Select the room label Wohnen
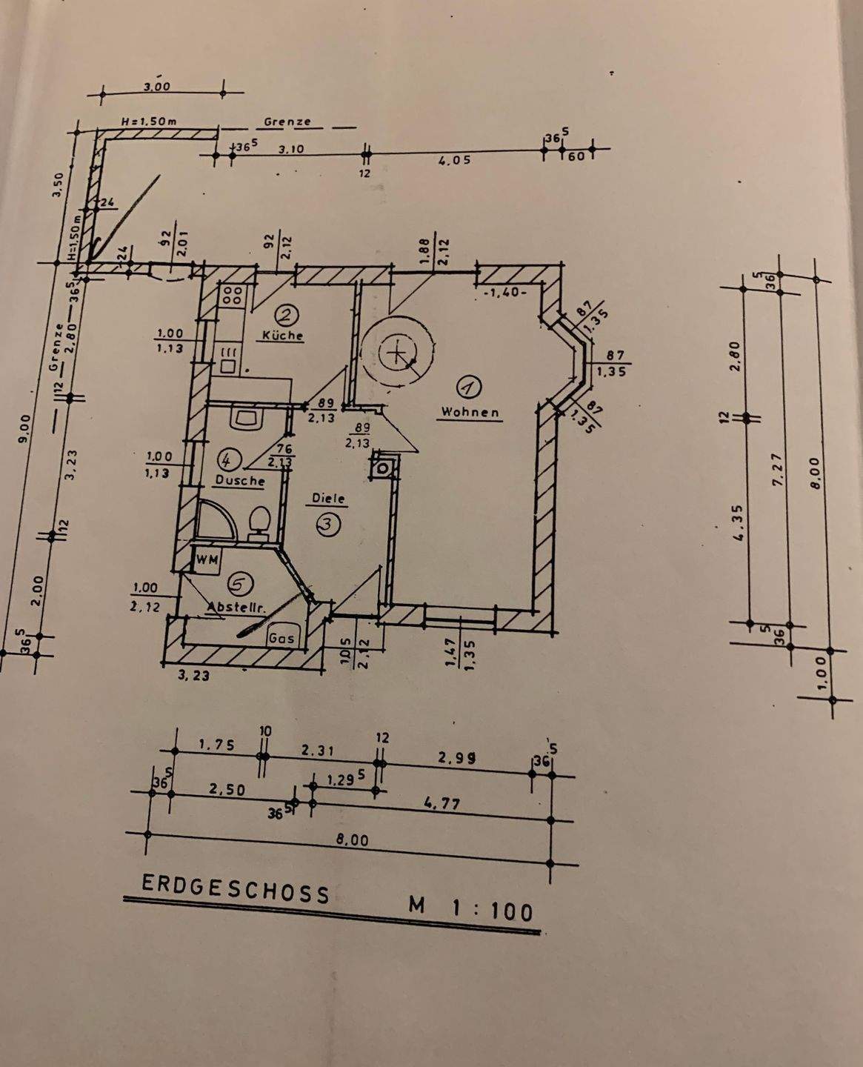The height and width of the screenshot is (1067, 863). pyautogui.click(x=470, y=411)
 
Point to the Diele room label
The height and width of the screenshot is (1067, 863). pyautogui.click(x=328, y=499)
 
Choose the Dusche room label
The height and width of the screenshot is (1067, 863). pyautogui.click(x=239, y=480)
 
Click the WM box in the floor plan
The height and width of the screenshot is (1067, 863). pyautogui.click(x=206, y=559)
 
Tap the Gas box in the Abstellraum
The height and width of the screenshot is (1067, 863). pyautogui.click(x=281, y=637)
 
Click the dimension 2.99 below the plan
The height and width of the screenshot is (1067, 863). pyautogui.click(x=456, y=759)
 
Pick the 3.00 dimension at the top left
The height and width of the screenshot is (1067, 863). pyautogui.click(x=156, y=87)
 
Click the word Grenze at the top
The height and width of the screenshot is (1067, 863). pyautogui.click(x=287, y=122)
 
